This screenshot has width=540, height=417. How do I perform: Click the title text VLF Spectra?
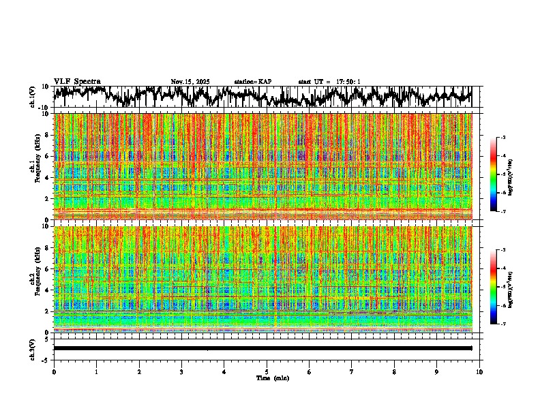point(77,81)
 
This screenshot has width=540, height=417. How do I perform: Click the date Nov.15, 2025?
point(190,82)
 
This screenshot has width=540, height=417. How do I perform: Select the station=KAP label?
point(252,82)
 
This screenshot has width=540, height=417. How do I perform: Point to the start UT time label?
point(329,82)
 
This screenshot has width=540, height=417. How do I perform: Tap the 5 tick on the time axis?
point(267,372)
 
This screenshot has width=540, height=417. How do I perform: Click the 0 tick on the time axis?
point(54,372)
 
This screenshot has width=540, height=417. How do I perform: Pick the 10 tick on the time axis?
point(479,372)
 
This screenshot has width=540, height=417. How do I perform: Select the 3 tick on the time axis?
point(181,372)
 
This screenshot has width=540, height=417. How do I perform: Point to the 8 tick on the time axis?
point(394,372)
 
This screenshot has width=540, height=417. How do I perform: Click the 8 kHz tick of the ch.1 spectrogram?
point(48,135)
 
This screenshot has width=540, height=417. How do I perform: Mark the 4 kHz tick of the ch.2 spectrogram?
point(48,290)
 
